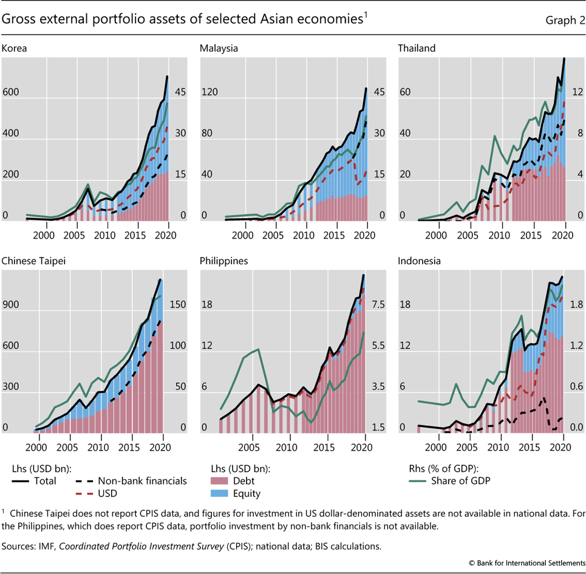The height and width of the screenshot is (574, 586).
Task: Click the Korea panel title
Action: click(x=14, y=47)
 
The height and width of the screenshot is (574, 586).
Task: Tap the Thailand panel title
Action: click(x=417, y=47)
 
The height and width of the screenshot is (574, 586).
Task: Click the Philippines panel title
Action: click(x=225, y=261)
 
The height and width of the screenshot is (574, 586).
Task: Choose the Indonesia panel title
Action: click(x=419, y=261)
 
